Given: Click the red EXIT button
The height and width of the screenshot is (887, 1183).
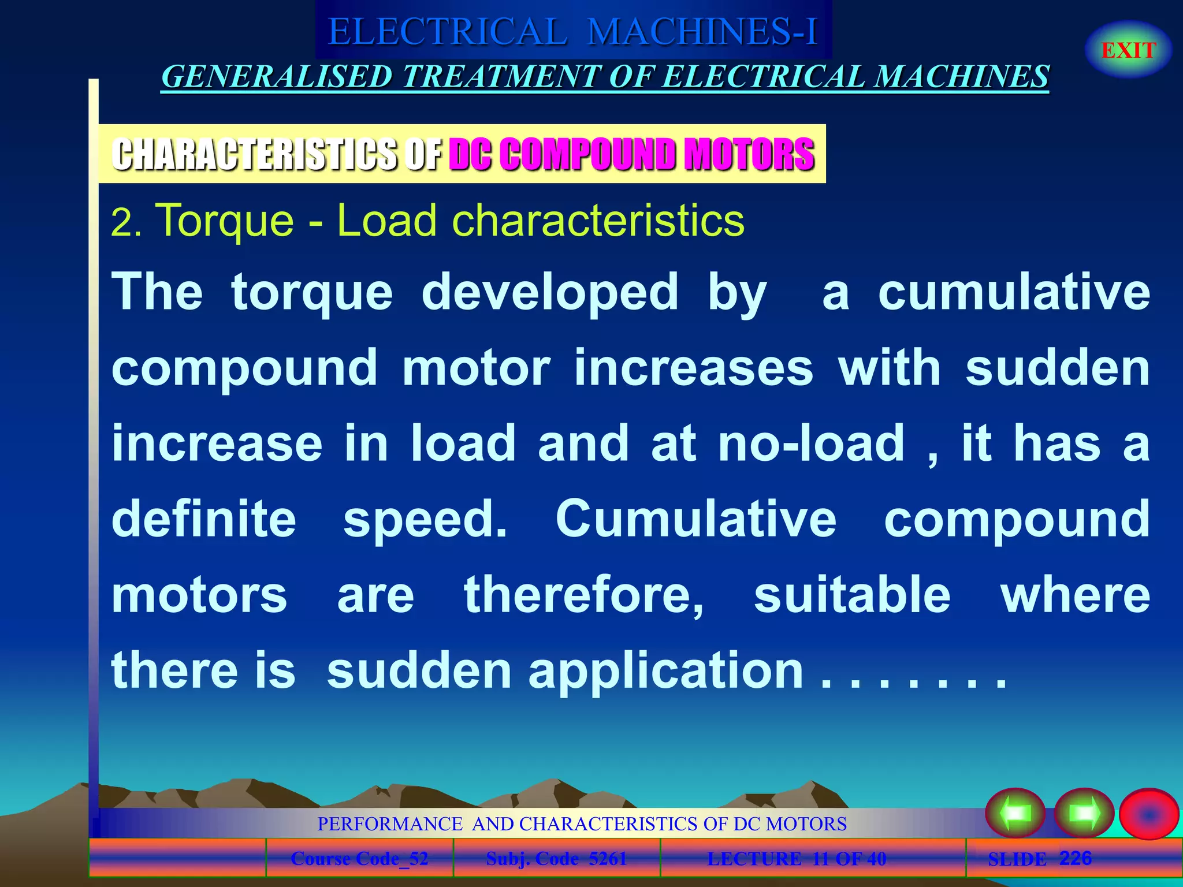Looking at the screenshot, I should point(1128,50).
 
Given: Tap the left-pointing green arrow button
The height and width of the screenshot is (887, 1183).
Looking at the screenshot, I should point(1015,813).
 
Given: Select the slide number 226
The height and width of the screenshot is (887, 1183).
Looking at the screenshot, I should point(1075,858).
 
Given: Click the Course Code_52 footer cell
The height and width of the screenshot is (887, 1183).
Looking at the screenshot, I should point(359,859).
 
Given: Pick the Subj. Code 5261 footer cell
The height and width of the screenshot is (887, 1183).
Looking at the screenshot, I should point(556,859).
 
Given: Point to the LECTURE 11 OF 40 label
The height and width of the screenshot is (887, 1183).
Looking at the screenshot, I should point(797,859).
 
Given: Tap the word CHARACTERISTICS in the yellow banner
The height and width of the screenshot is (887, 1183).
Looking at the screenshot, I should point(255,154).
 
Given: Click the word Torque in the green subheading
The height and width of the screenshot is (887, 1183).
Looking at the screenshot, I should point(225,221).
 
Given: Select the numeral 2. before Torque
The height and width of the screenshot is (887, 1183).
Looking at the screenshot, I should point(125,223).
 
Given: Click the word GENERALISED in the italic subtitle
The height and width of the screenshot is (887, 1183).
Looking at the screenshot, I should point(277,77).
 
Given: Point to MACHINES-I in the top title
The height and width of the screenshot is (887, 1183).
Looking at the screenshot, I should point(702,32).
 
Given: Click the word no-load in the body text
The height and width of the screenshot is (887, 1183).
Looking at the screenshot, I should point(811,443).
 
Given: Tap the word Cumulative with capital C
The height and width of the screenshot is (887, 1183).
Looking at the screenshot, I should point(695,519).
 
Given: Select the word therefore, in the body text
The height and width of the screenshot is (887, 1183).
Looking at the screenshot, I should point(584,595).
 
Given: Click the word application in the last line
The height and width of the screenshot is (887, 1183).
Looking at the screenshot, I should point(665,671).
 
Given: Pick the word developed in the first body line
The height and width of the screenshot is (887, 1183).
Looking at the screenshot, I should point(550,292).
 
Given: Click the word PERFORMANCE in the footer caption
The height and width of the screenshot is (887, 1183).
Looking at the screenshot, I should point(390,823).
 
